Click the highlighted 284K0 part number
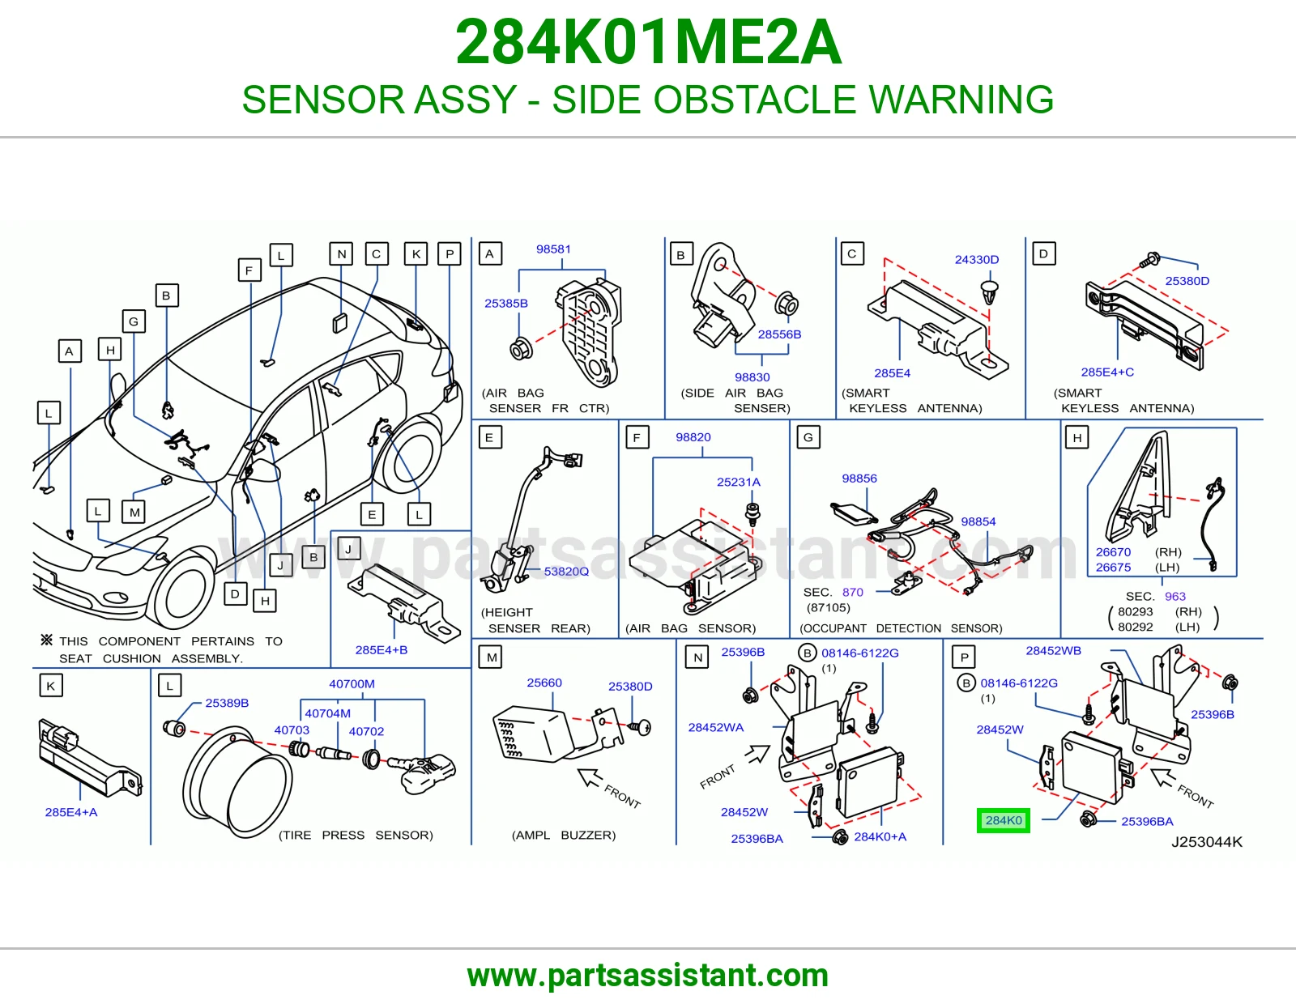tap(1003, 820)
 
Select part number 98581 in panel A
tap(553, 249)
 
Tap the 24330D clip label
tap(976, 259)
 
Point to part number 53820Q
tap(566, 571)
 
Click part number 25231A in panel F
tap(739, 482)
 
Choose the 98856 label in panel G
tap(859, 479)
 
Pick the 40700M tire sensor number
tap(352, 684)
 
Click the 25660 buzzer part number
tap(544, 683)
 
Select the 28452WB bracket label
tap(1053, 650)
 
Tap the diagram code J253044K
tap(1207, 842)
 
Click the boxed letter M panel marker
tap(491, 657)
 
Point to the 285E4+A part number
tap(71, 812)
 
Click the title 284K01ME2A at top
tap(648, 42)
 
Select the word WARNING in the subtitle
tap(961, 99)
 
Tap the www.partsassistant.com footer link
tap(648, 976)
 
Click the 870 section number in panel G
tap(852, 592)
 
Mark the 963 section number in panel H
tap(1175, 596)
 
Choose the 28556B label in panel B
tap(779, 334)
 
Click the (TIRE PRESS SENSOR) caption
tap(356, 835)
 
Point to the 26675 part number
tap(1113, 567)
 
